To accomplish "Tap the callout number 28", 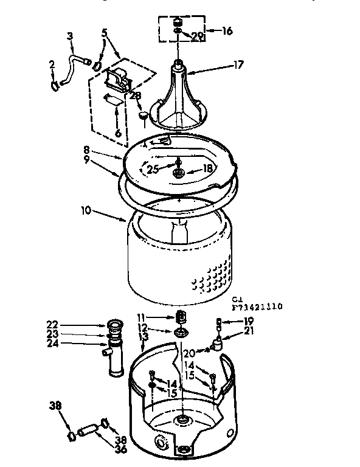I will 134,95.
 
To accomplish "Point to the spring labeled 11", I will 180,316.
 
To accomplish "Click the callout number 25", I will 154,168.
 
